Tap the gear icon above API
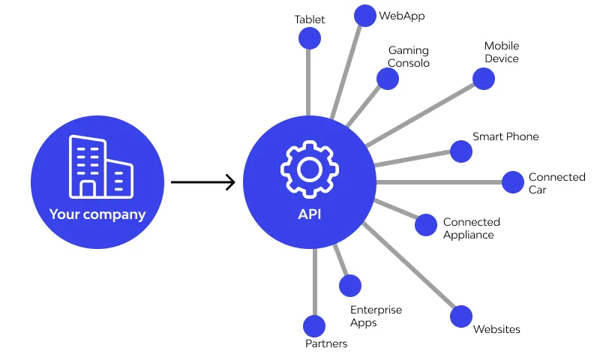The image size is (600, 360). (309, 168)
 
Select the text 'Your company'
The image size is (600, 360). (97, 214)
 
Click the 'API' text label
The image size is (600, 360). (309, 214)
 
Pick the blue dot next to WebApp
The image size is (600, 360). (364, 16)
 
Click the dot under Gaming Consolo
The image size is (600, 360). (388, 79)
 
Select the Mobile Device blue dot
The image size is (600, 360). (484, 78)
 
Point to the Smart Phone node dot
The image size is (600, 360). (460, 151)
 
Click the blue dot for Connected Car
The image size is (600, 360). (513, 182)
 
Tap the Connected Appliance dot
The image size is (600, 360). (426, 225)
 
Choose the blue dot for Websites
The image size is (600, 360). (461, 316)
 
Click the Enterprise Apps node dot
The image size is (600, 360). (350, 286)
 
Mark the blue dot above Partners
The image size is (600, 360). (314, 326)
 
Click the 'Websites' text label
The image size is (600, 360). (496, 329)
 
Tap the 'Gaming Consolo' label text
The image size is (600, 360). (409, 57)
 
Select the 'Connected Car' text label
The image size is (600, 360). (556, 183)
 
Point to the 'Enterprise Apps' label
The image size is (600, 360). (376, 316)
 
